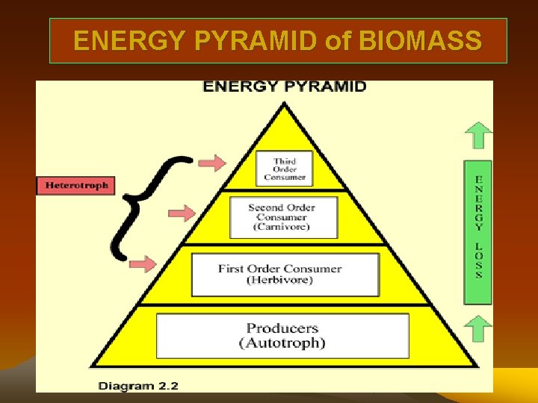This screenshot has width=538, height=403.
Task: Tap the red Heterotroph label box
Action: (x=76, y=185)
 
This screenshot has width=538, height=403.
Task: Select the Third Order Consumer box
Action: (x=285, y=169)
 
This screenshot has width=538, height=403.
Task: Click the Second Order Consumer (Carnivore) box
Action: (x=282, y=216)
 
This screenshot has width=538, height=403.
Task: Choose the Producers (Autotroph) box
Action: (x=282, y=336)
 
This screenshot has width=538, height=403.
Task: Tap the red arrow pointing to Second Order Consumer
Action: (x=182, y=215)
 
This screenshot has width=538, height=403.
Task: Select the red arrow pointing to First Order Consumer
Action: (x=143, y=263)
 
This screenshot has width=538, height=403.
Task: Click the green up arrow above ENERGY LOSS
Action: (x=478, y=136)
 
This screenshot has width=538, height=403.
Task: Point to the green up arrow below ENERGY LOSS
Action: (x=478, y=328)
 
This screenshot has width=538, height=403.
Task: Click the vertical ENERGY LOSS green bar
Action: (x=478, y=232)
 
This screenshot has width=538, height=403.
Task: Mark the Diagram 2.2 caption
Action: (x=138, y=386)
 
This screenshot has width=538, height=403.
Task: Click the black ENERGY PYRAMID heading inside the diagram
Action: (x=285, y=87)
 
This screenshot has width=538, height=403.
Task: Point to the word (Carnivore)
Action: (x=282, y=226)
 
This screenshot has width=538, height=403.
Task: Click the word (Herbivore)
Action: (x=280, y=281)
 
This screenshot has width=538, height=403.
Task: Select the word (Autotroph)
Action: (x=282, y=343)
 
